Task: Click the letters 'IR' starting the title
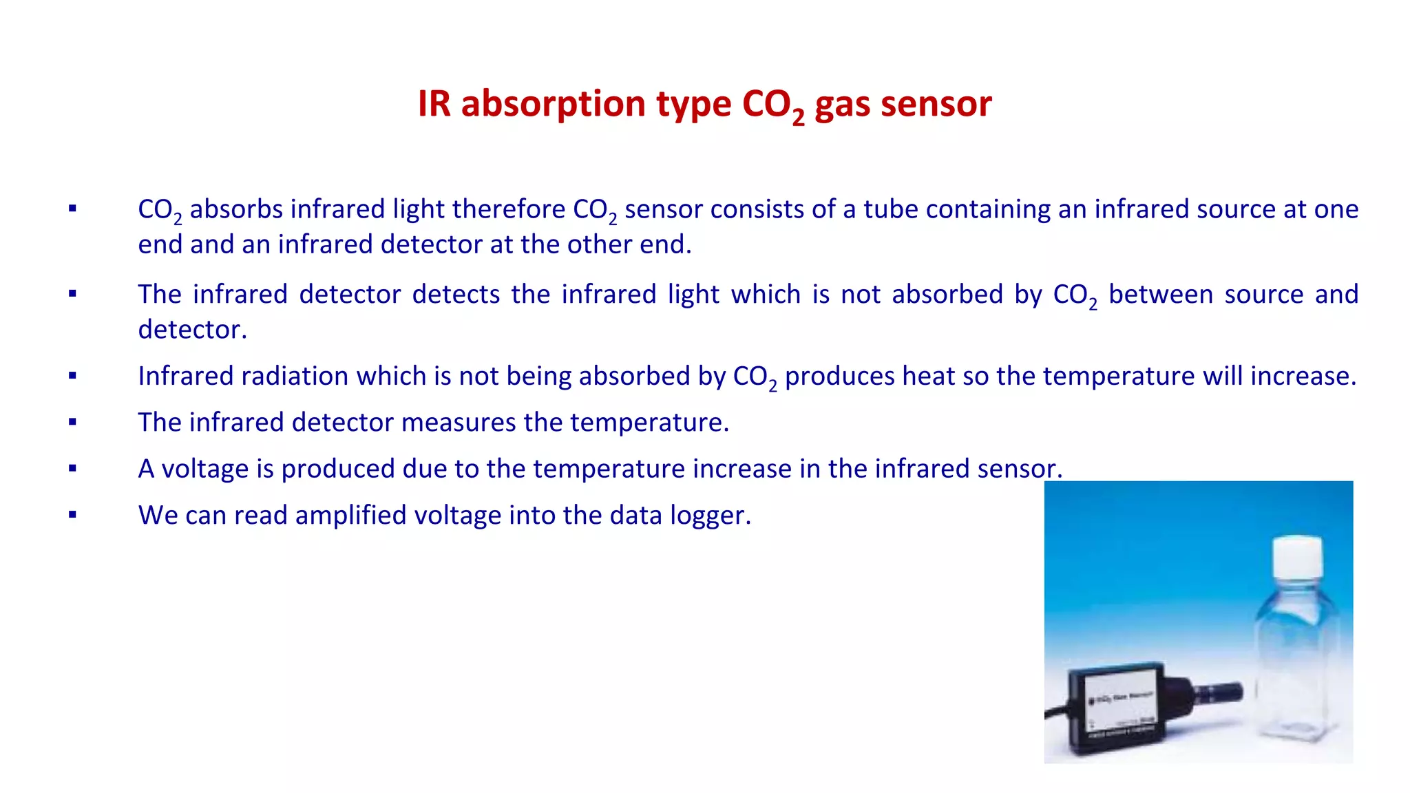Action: click(x=434, y=105)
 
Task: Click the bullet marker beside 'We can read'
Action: click(x=72, y=514)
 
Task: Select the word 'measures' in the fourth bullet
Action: click(x=458, y=423)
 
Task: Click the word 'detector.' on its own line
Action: click(x=192, y=330)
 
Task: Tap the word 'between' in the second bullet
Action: click(x=1161, y=295)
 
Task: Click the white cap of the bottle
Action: click(x=1297, y=556)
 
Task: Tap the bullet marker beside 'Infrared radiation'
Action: click(x=72, y=376)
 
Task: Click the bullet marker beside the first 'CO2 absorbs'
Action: click(x=72, y=209)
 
